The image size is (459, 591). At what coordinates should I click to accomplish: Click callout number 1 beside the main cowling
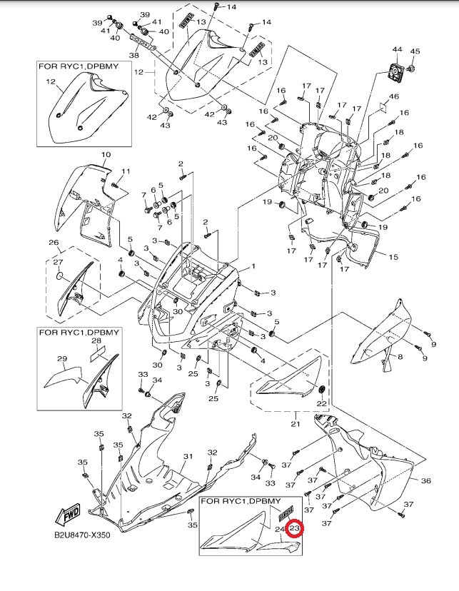pyautogui.click(x=251, y=267)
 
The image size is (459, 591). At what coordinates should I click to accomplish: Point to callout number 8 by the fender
pyautogui.click(x=400, y=356)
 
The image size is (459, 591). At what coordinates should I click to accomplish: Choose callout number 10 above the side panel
pyautogui.click(x=105, y=155)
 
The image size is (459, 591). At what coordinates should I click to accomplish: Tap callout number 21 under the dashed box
pyautogui.click(x=296, y=425)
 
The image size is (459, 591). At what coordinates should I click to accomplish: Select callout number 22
pyautogui.click(x=321, y=404)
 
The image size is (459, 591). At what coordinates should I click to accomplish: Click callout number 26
pyautogui.click(x=53, y=243)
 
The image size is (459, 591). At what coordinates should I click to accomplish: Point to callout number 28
pyautogui.click(x=96, y=342)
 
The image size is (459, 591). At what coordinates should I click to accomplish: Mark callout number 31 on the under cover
pyautogui.click(x=188, y=457)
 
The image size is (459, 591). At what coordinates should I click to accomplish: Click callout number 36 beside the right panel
pyautogui.click(x=425, y=482)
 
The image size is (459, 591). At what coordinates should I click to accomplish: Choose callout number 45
pyautogui.click(x=415, y=51)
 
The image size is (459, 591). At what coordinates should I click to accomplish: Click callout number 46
pyautogui.click(x=393, y=96)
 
